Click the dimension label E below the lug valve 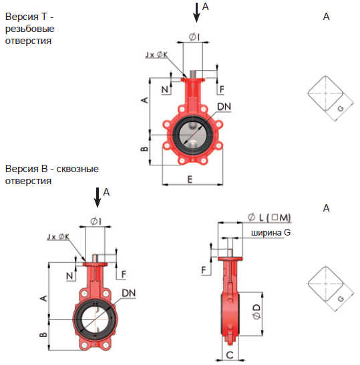(x=190, y=179)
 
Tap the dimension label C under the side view (x=230, y=355)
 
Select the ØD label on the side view (x=256, y=312)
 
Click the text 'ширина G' (x=271, y=233)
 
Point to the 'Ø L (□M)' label (x=269, y=218)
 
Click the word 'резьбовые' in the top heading (x=30, y=29)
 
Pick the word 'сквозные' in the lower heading (x=77, y=169)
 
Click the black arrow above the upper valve (x=196, y=13)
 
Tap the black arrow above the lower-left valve (x=98, y=198)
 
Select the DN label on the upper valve (x=224, y=107)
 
